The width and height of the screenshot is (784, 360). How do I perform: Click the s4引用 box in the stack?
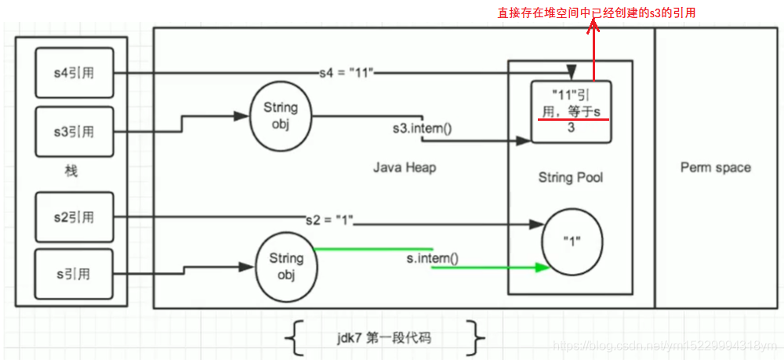[x=75, y=74]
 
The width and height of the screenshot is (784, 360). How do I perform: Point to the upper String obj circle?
[x=280, y=115]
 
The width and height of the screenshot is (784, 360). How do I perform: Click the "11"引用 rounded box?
[x=571, y=111]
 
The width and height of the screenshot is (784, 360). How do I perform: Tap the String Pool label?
[x=571, y=177]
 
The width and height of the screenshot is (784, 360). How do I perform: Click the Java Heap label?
[x=404, y=167]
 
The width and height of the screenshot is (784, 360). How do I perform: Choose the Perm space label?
[x=715, y=167]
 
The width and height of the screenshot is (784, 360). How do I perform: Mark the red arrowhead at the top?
[x=593, y=26]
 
